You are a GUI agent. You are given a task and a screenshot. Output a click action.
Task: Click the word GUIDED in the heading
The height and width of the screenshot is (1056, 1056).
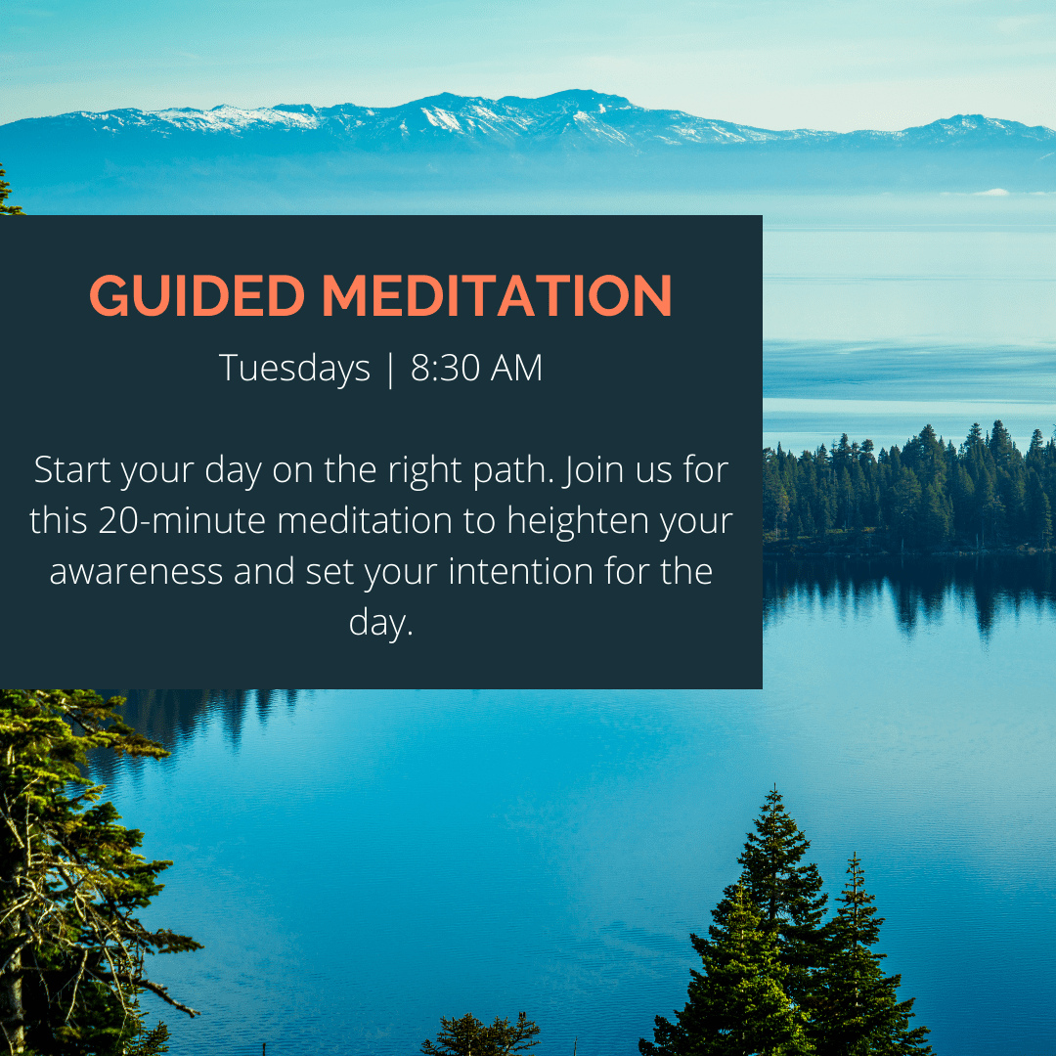198,295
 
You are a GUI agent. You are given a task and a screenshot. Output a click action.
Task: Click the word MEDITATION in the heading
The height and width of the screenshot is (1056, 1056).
497,295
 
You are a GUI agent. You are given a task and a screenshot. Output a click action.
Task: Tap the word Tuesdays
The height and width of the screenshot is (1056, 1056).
294,369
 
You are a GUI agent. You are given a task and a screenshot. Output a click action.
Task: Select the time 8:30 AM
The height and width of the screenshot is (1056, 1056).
476,368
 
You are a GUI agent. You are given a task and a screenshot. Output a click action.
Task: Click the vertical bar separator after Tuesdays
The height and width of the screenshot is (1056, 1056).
390,369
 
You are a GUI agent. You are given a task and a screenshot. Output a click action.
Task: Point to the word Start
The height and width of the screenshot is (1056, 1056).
72,469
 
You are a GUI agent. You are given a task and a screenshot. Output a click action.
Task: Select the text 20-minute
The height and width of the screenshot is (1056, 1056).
182,520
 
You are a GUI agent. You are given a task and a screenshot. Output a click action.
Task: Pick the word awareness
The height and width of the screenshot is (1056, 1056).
136,572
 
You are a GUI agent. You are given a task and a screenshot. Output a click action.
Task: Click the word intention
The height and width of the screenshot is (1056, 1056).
520,571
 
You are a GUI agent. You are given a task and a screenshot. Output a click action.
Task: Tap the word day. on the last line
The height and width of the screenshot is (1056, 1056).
380,622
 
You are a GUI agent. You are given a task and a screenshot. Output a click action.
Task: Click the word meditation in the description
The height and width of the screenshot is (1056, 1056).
365,520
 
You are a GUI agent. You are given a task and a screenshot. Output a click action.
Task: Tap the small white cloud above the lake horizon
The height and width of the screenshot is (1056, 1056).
989,192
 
